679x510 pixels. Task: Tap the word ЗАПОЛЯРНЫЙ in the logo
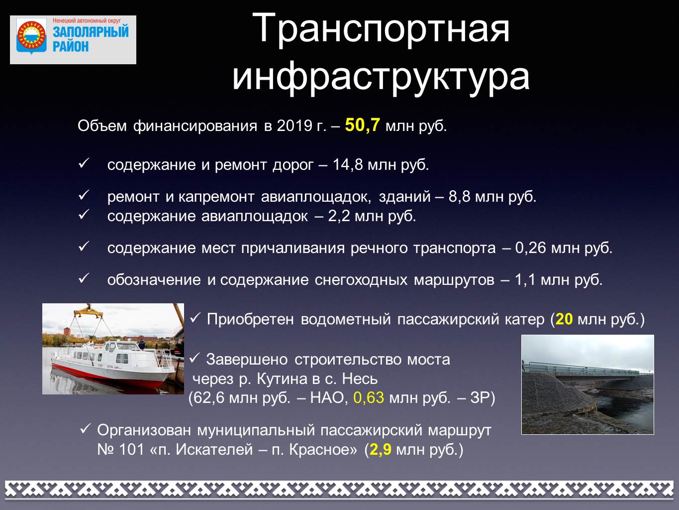(91, 31)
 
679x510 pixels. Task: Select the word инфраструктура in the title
(381, 77)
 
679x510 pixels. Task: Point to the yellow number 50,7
(362, 126)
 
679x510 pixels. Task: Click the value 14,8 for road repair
(347, 165)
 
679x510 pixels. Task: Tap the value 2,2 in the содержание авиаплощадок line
(339, 216)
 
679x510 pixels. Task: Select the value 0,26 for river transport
(530, 248)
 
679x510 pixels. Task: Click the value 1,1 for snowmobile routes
(524, 280)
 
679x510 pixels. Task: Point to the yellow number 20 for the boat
(564, 319)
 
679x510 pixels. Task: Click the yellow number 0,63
(369, 397)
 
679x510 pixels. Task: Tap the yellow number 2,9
(380, 450)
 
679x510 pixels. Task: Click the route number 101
(131, 450)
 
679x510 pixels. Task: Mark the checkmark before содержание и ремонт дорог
(84, 163)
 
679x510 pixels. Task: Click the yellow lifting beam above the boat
(89, 313)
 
